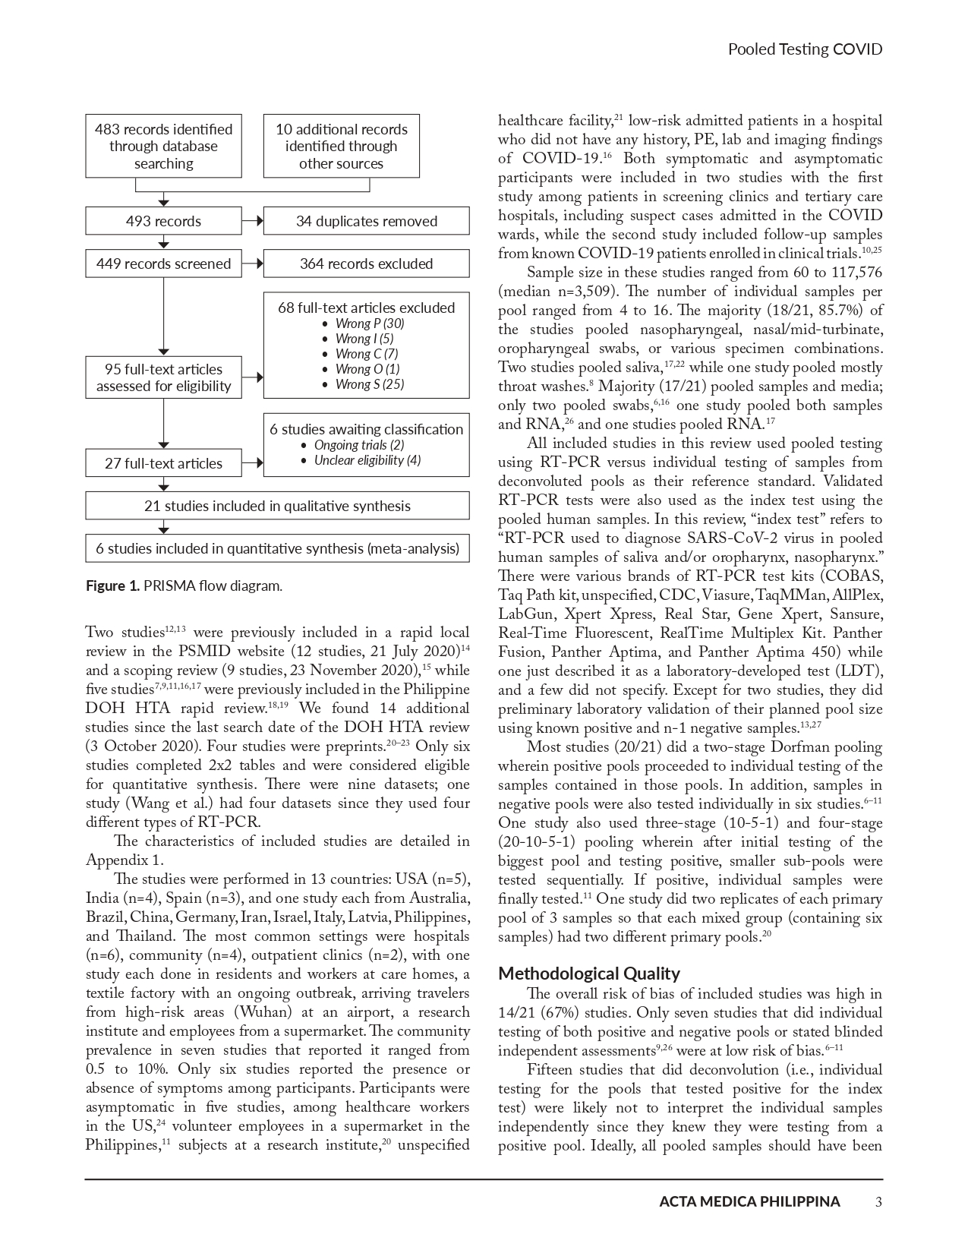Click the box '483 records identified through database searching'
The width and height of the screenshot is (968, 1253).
163,146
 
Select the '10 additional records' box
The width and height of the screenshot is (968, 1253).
341,146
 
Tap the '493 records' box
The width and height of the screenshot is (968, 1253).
163,222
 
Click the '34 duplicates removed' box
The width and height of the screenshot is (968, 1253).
366,222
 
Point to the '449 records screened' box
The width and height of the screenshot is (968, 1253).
163,264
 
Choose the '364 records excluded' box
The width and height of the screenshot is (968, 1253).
366,264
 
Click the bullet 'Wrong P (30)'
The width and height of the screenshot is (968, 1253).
369,324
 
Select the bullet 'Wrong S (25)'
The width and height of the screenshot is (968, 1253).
369,384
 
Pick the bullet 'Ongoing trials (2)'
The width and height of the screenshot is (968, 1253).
358,445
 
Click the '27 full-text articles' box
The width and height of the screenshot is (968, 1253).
163,463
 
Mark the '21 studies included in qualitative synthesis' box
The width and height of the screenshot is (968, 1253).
277,506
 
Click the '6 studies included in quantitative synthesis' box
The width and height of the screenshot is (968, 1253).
277,548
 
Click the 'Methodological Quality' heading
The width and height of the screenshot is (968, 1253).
588,974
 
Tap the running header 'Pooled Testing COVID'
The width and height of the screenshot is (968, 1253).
805,49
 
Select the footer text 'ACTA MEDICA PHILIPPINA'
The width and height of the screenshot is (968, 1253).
749,1201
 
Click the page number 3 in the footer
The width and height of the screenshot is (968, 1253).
878,1201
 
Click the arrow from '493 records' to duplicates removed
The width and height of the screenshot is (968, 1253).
253,222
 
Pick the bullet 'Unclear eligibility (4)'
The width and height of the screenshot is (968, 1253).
367,460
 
